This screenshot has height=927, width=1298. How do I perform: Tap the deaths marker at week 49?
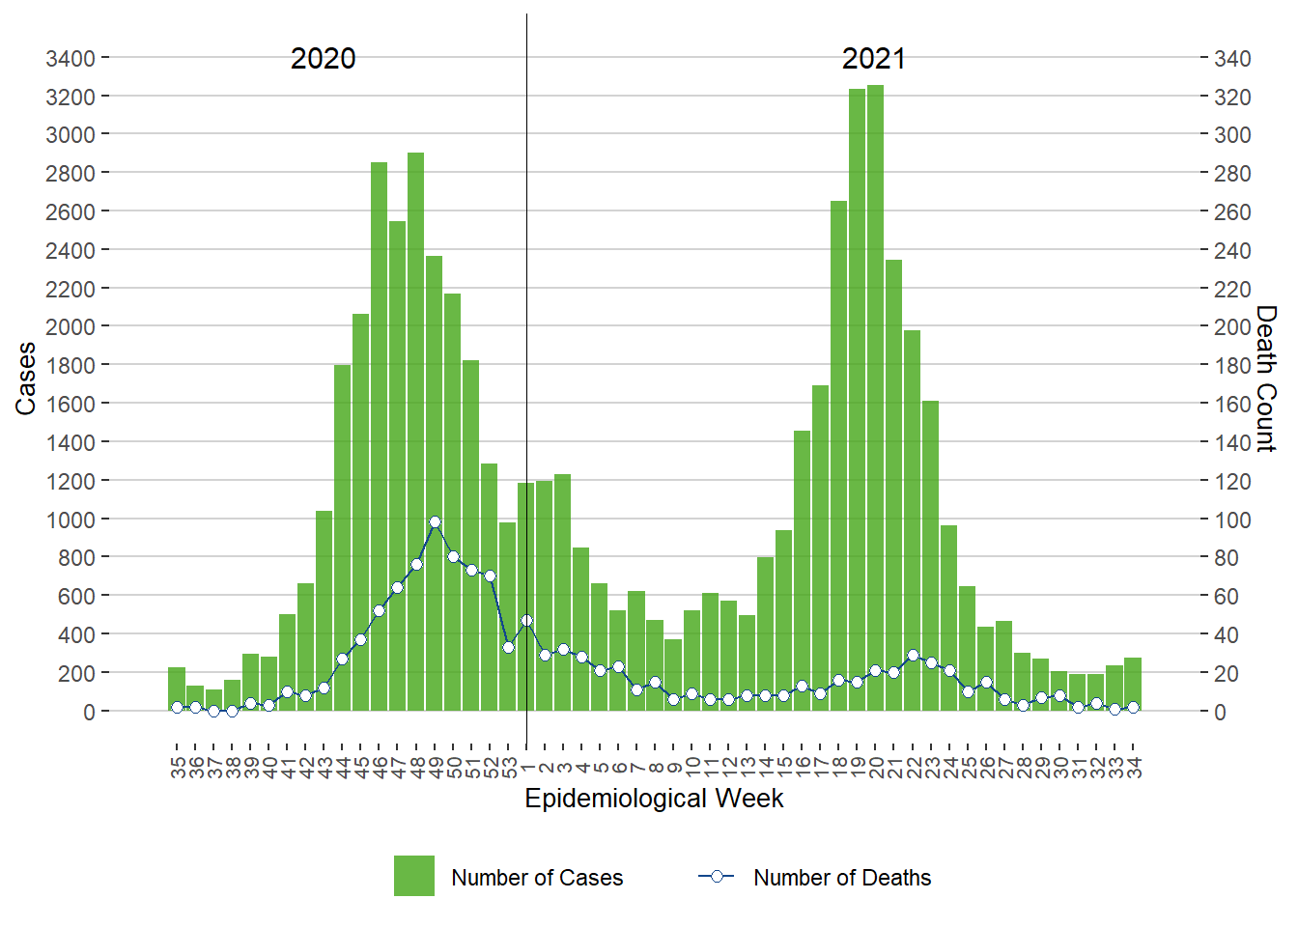(435, 521)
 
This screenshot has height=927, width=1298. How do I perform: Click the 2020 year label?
(323, 59)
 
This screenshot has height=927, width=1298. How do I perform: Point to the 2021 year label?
(873, 59)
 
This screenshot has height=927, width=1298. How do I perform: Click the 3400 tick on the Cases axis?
(71, 59)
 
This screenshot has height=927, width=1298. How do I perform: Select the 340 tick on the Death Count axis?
(1232, 59)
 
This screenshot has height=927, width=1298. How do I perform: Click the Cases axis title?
(25, 379)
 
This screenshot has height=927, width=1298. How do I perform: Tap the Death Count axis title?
(1266, 379)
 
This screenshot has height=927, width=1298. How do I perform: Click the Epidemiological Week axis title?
(654, 799)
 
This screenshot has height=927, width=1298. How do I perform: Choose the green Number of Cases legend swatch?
(413, 876)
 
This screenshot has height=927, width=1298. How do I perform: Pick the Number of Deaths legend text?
(842, 878)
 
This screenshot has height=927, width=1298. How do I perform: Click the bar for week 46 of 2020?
(380, 435)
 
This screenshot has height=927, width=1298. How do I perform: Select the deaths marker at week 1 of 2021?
(526, 621)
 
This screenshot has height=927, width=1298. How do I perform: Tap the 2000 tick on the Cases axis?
(71, 327)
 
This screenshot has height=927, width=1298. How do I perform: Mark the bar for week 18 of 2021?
(838, 454)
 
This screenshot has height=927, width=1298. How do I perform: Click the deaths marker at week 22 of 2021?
(913, 655)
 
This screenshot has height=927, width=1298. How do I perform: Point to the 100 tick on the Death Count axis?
(1232, 520)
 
